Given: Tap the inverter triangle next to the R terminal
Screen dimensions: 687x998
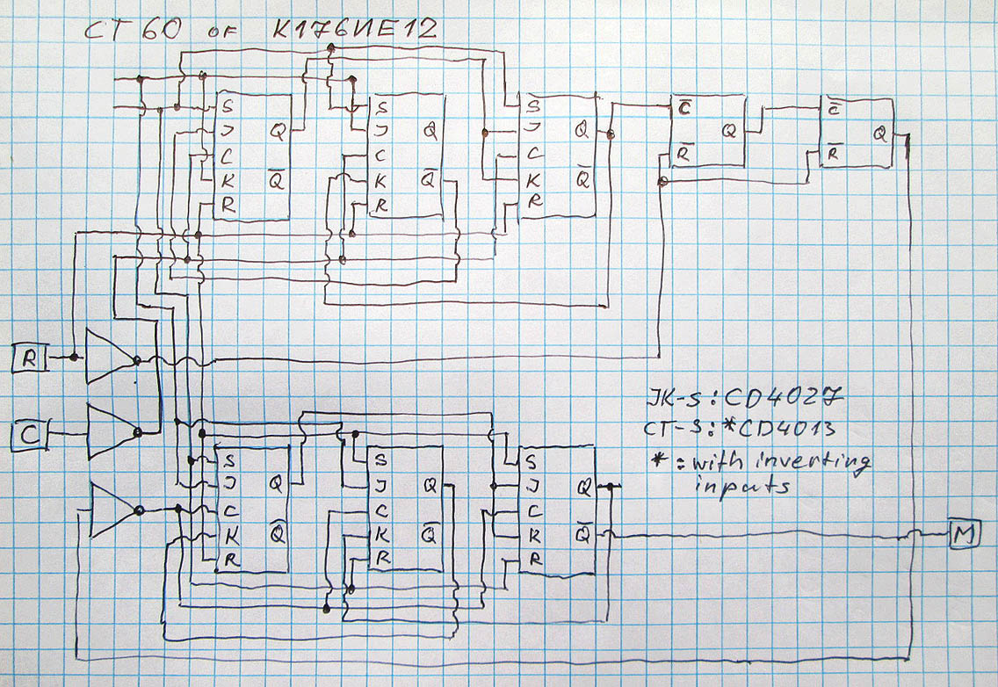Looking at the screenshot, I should (109, 358).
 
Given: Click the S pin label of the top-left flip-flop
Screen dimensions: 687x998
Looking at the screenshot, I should (228, 107).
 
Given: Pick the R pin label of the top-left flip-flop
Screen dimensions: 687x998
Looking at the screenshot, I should (228, 206).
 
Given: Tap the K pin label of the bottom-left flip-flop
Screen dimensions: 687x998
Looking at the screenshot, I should (228, 534).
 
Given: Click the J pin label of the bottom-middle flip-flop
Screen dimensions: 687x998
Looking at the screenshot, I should (380, 484).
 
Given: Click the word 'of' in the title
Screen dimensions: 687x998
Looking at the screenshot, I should (217, 33).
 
